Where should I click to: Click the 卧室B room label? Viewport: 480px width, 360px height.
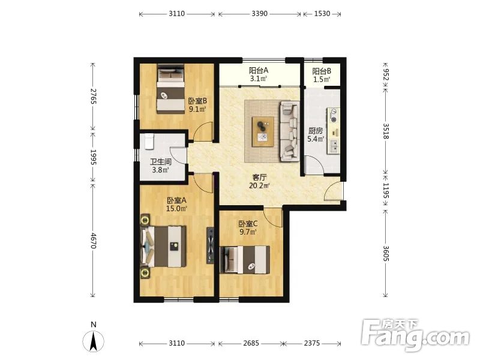[x=197, y=101]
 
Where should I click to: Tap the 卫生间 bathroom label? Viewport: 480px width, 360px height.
[x=160, y=162]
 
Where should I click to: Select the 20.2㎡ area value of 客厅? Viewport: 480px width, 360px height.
[x=259, y=185]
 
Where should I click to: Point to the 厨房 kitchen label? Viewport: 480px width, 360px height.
[x=316, y=131]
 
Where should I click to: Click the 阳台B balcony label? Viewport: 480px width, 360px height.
[x=322, y=71]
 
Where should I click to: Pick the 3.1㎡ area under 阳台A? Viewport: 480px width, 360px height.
[x=259, y=79]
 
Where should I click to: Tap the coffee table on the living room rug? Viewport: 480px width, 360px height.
[x=263, y=131]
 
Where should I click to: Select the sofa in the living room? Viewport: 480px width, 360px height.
[x=289, y=131]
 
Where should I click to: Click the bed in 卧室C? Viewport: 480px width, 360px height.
[x=245, y=260]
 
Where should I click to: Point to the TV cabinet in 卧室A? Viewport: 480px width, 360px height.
[x=211, y=245]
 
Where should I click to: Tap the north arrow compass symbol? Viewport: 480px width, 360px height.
[x=94, y=340]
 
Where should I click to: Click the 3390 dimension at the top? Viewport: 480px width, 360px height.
[x=260, y=14]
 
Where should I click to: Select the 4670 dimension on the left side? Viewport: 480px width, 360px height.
[x=94, y=241]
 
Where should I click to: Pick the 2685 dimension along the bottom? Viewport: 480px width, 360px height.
[x=251, y=343]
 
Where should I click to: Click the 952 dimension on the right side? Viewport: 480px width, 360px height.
[x=386, y=74]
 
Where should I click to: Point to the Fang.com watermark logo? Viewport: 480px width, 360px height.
[x=415, y=335]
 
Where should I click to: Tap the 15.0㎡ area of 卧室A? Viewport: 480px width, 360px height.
[x=176, y=209]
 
